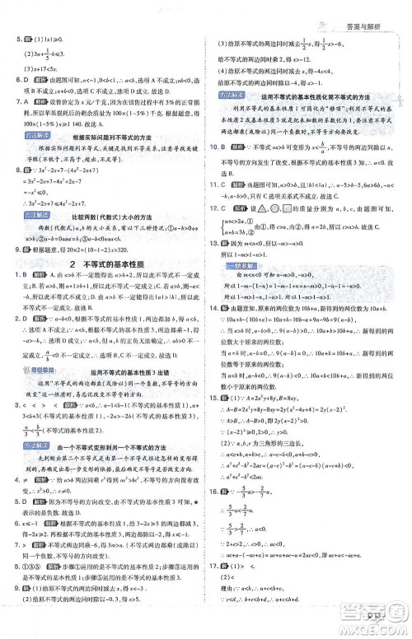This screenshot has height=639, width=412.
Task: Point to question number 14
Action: tap(213, 330)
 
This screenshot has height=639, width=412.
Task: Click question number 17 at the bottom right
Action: tap(213, 589)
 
